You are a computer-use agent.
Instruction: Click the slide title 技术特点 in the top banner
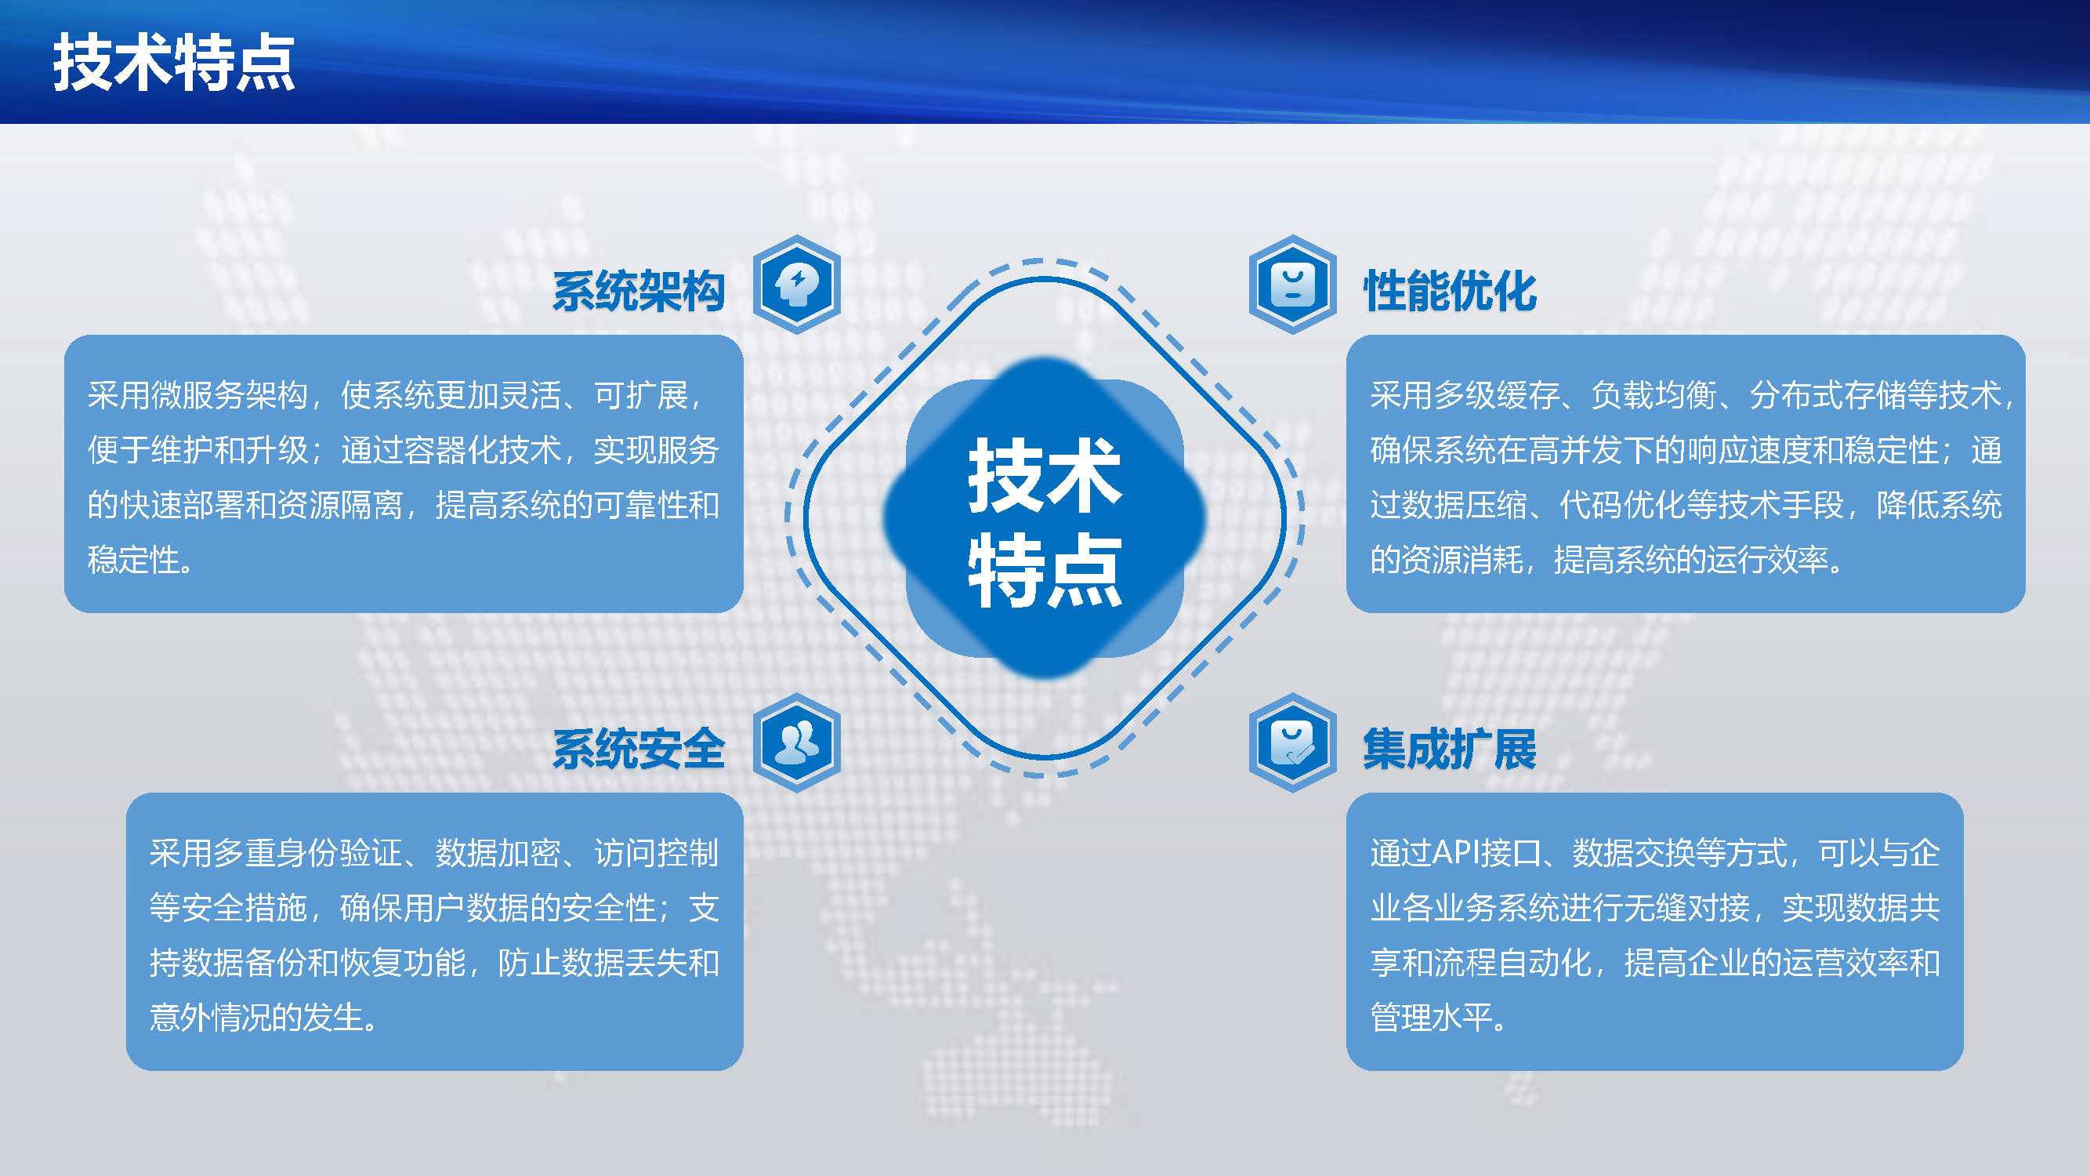coord(174,64)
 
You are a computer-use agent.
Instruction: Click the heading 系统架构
coord(639,291)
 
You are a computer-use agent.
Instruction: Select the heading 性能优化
coord(1450,291)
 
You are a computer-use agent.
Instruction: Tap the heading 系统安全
coord(639,748)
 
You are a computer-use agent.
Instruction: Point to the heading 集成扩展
coord(1450,748)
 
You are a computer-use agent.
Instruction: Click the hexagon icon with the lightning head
coord(797,284)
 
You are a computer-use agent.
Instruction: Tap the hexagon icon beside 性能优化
coord(1292,284)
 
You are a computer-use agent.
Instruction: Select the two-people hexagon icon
coord(797,742)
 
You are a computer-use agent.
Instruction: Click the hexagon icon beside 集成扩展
coord(1292,742)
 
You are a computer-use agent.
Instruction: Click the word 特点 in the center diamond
coord(1045,570)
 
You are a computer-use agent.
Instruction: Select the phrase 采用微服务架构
coord(198,395)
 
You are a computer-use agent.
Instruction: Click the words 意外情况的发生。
coord(263,1017)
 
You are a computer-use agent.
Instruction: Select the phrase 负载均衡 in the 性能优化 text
coord(1654,395)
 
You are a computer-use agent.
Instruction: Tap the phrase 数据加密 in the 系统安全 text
coord(498,853)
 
